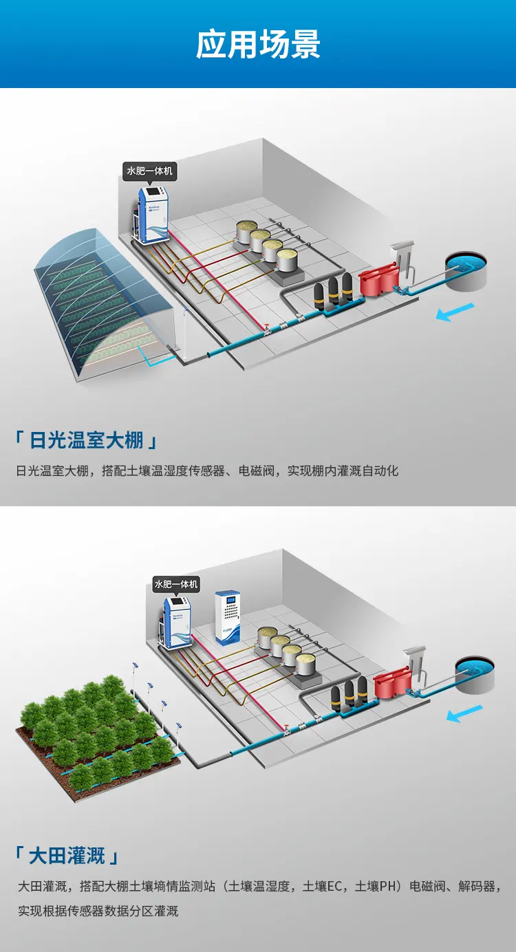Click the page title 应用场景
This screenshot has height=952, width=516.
point(258,44)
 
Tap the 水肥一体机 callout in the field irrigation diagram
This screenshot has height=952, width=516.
point(176,585)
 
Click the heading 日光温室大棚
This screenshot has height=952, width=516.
point(86,440)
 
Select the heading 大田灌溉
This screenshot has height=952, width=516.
point(67,856)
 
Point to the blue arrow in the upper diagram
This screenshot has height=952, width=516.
point(455,312)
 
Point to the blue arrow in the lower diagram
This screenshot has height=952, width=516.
point(465,713)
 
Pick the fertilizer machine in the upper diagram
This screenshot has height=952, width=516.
point(153,215)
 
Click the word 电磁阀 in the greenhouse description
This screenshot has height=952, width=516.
point(257,471)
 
